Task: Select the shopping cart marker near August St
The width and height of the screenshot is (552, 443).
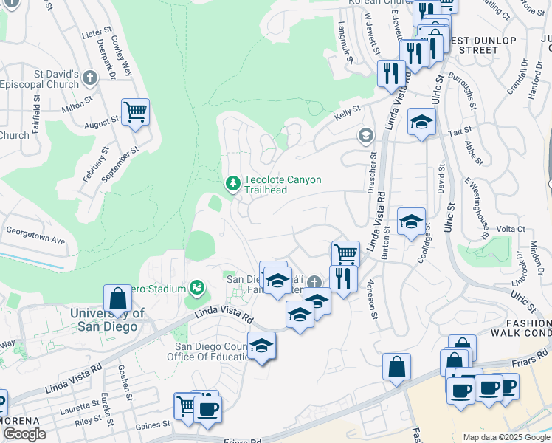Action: [x=135, y=113]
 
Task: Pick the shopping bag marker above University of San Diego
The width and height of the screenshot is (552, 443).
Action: [x=117, y=299]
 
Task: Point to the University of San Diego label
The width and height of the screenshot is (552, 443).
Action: [x=103, y=320]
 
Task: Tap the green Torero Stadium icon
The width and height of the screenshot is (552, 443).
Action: [x=196, y=287]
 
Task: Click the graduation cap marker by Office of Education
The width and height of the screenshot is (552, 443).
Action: [x=261, y=346]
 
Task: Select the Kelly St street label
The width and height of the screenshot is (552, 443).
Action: [x=347, y=110]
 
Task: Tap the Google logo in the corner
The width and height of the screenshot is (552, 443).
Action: [x=24, y=434]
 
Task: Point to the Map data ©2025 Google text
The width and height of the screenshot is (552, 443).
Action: [x=506, y=437]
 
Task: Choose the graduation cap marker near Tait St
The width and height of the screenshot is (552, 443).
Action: [x=421, y=122]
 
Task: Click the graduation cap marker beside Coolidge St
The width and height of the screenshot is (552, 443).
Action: [x=411, y=221]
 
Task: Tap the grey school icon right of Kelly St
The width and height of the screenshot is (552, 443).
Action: [x=365, y=135]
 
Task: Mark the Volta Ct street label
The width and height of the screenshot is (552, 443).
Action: [x=511, y=229]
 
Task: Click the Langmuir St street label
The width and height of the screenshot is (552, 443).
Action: [x=350, y=56]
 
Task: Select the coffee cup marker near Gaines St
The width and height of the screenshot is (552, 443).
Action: [x=207, y=408]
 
